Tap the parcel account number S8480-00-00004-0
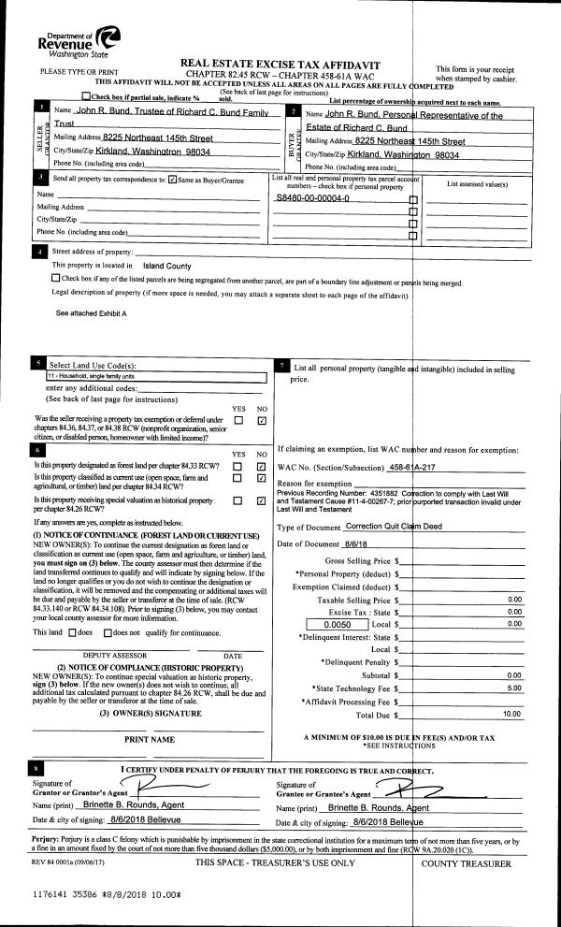[x=312, y=199]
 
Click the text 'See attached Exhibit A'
[x=91, y=312]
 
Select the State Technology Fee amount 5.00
[x=512, y=688]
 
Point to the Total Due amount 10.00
[x=511, y=714]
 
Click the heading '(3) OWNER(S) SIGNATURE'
[x=151, y=714]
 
